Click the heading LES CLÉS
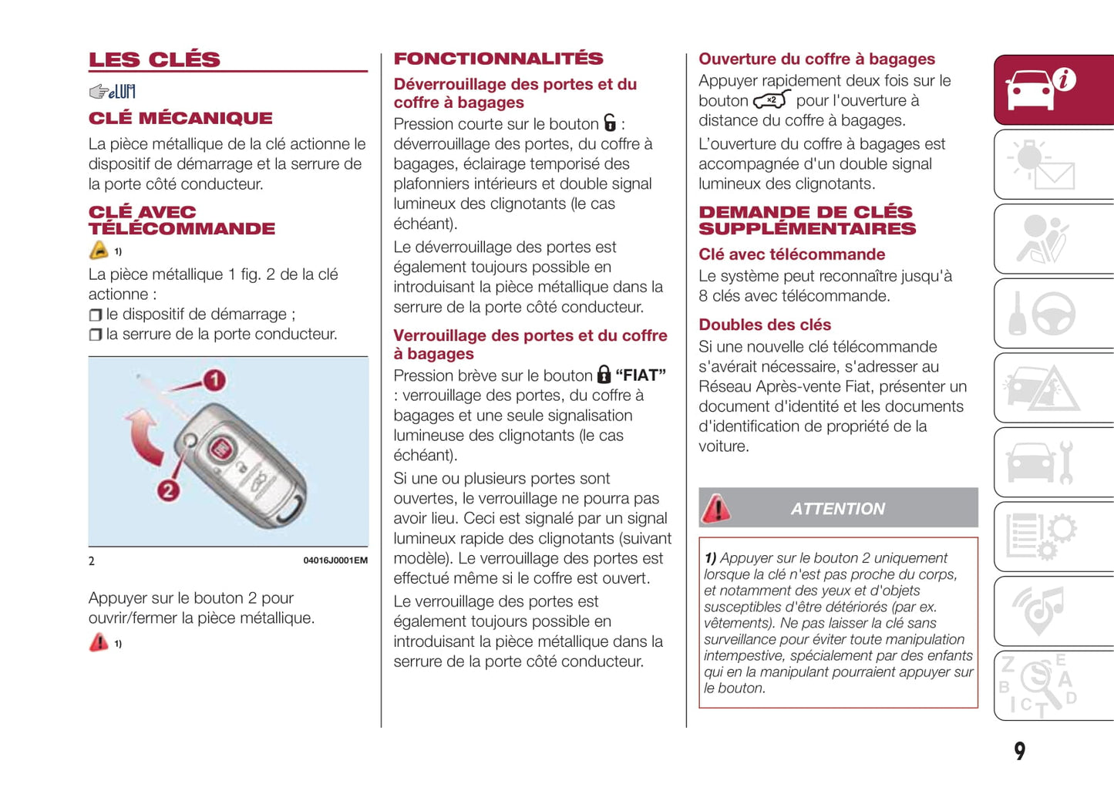[x=154, y=59]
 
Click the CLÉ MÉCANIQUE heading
[x=180, y=118]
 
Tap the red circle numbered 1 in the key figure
[x=214, y=380]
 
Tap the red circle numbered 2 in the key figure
[x=168, y=490]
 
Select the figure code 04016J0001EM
[x=335, y=560]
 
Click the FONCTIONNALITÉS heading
[x=498, y=59]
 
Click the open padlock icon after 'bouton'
[x=610, y=123]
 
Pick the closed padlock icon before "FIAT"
[x=604, y=375]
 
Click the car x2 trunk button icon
[x=772, y=100]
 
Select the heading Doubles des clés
[x=765, y=325]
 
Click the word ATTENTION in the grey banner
[x=838, y=509]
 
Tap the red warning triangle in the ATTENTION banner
[x=716, y=508]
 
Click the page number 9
[x=1020, y=751]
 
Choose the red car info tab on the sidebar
[x=1053, y=89]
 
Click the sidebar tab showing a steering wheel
[x=1053, y=313]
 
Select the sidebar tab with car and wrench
[x=1053, y=463]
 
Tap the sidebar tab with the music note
[x=1053, y=611]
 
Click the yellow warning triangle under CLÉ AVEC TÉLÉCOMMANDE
[x=99, y=251]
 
